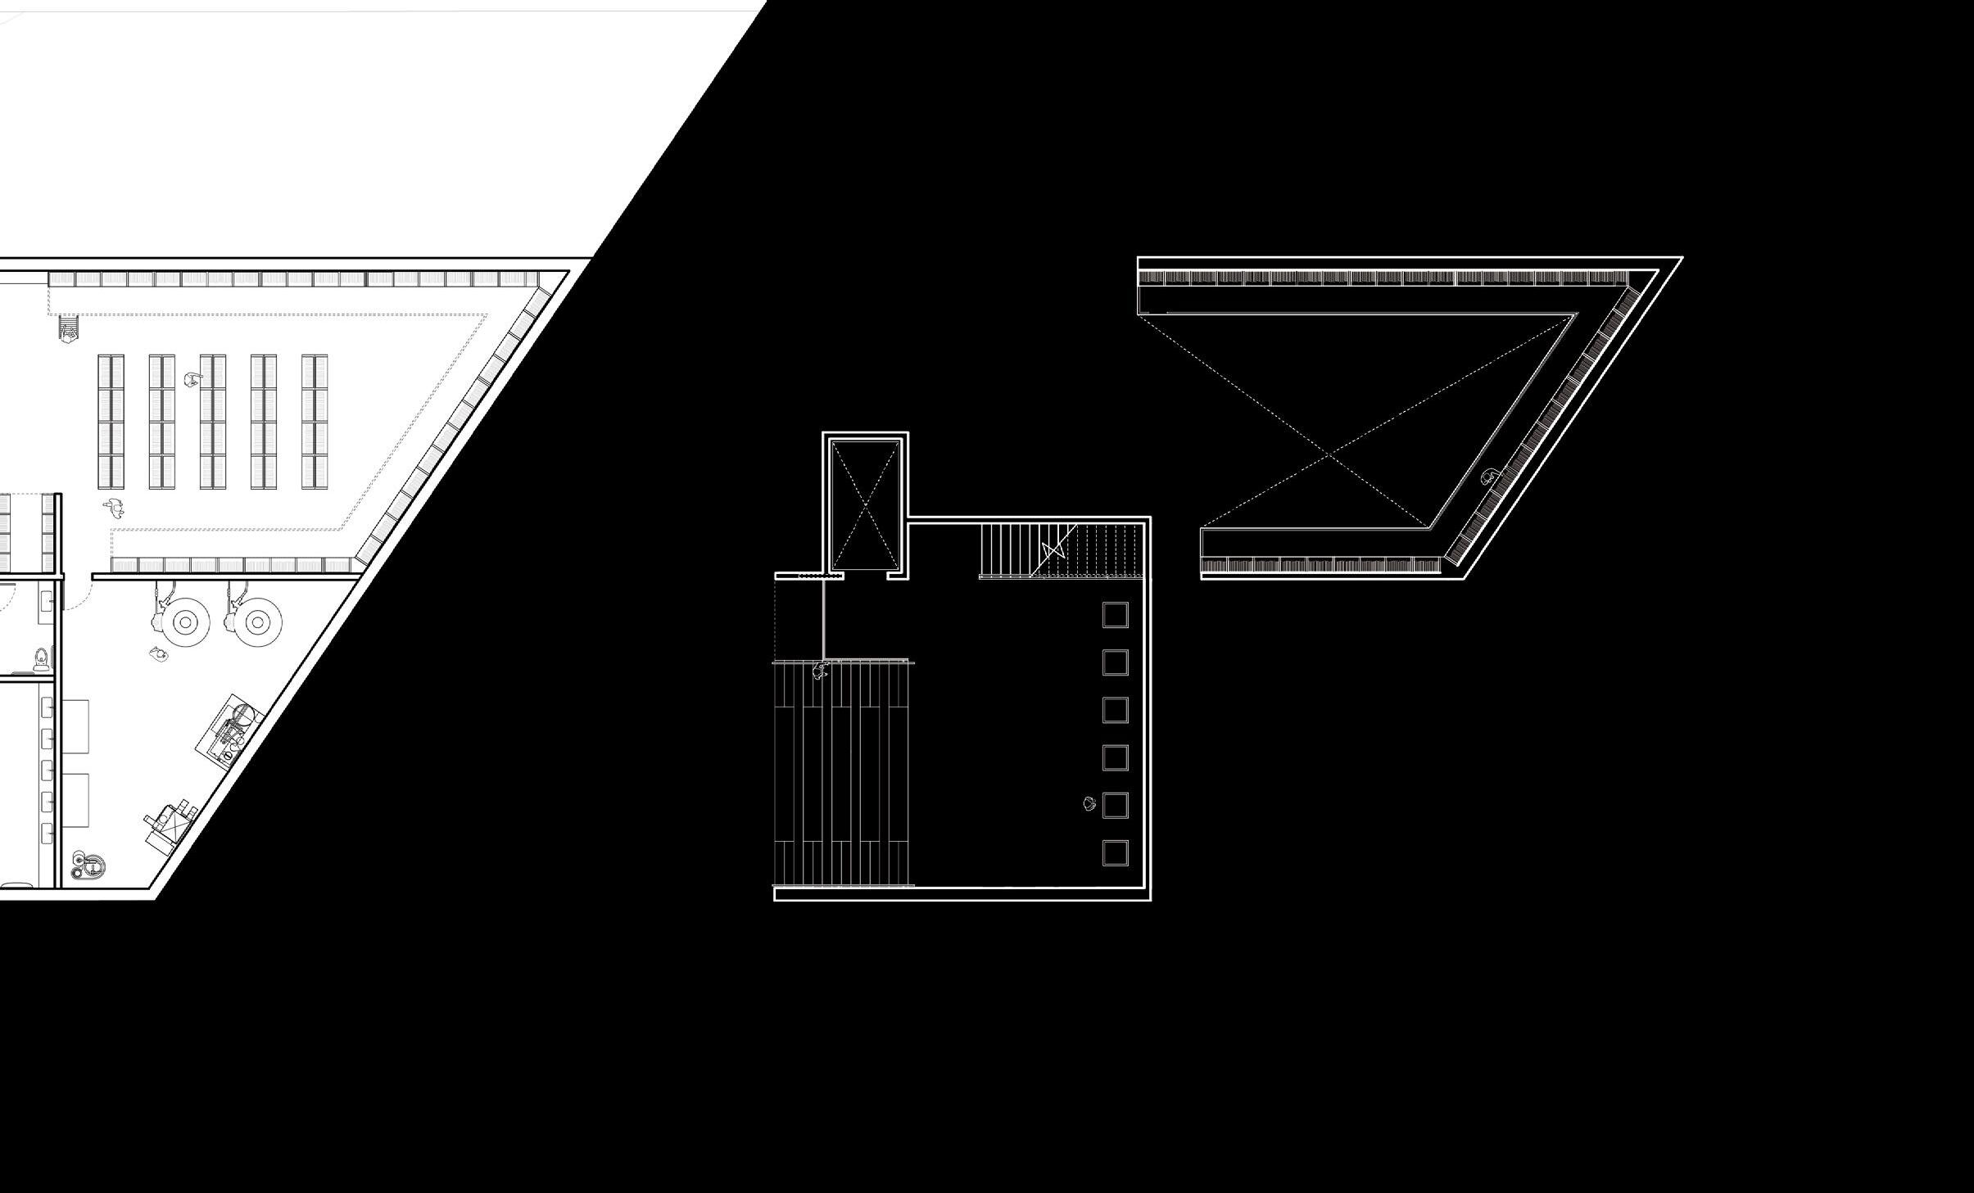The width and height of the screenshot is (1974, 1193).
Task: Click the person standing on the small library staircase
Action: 70,328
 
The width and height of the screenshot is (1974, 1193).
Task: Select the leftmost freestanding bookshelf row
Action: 111,422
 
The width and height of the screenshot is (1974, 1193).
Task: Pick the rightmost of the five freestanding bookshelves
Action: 315,422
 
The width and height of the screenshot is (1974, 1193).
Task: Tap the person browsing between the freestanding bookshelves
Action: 193,380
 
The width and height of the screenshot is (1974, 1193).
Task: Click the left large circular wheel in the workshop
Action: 185,622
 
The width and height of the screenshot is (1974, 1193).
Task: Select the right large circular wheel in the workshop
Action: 258,622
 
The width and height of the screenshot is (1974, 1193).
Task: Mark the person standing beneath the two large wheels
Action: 159,653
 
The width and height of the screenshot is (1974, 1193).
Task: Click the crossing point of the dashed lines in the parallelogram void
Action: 1329,453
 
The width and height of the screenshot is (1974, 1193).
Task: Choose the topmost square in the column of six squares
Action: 1115,614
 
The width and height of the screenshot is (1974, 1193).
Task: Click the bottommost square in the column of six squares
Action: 1115,852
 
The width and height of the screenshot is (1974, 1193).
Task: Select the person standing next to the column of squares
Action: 1089,803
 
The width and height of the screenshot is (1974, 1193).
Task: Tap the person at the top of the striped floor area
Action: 820,671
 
